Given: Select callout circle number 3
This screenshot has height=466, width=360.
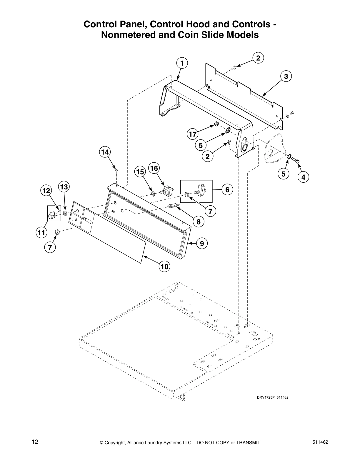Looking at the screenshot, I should pyautogui.click(x=286, y=76).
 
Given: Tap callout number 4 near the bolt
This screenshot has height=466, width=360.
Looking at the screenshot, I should pyautogui.click(x=303, y=177).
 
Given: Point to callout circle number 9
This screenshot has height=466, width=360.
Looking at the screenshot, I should pyautogui.click(x=202, y=243).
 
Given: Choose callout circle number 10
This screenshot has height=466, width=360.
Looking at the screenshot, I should pyautogui.click(x=164, y=267).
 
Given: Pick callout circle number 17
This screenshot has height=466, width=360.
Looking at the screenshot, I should pyautogui.click(x=192, y=134).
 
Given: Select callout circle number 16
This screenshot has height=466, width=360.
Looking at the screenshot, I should pyautogui.click(x=154, y=168).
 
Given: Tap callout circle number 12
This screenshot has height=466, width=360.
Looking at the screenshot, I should pyautogui.click(x=46, y=191).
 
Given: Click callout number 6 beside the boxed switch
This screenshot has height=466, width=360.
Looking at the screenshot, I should pyautogui.click(x=227, y=190).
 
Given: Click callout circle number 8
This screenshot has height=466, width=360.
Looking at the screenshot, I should pyautogui.click(x=199, y=222).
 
